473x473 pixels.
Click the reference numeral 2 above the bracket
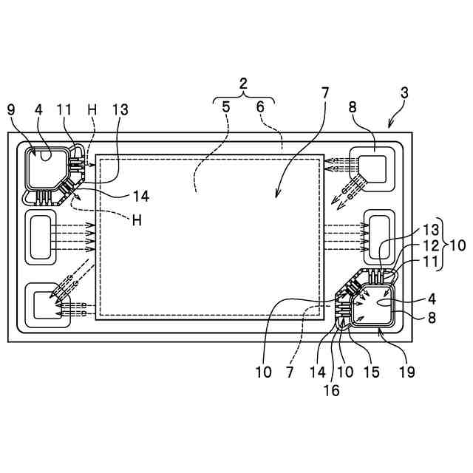coord(243,84)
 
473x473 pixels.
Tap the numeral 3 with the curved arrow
coord(404,94)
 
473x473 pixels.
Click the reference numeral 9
coord(10,109)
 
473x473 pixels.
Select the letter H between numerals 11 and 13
coord(92,109)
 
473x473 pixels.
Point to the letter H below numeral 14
coord(136,220)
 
